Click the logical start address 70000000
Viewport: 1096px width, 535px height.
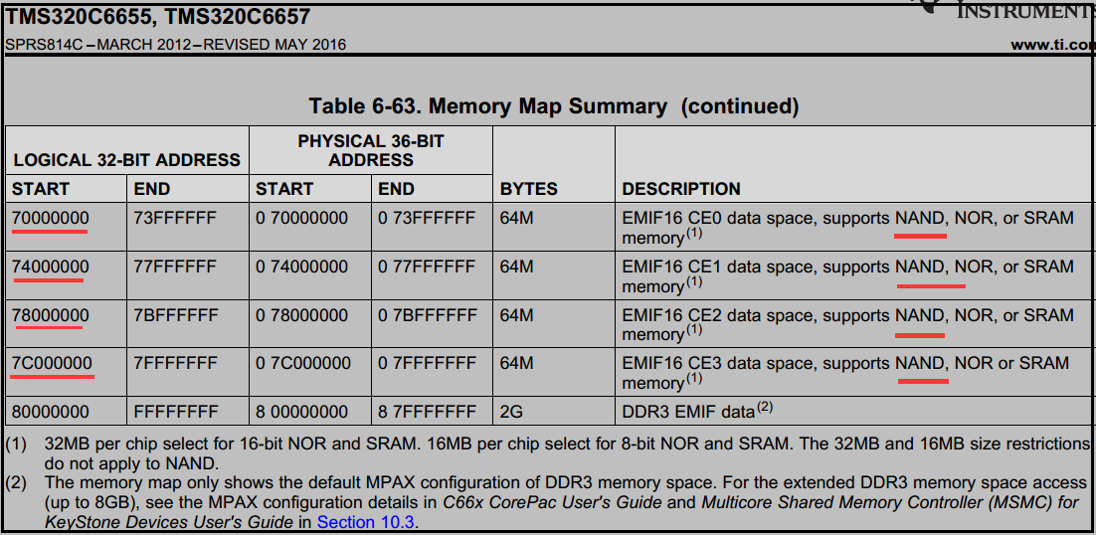pos(50,218)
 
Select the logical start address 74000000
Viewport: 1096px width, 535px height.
pos(50,267)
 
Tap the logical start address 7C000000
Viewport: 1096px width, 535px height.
pos(52,363)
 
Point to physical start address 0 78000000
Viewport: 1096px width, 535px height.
pos(301,315)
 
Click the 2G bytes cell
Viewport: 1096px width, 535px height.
pos(513,412)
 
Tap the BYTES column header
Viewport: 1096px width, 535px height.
pos(528,189)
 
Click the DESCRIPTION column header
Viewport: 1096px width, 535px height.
pos(681,189)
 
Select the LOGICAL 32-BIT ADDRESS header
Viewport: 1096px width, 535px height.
pos(126,160)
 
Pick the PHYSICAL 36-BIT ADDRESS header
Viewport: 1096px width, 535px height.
pos(371,151)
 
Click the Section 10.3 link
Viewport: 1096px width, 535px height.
pos(366,521)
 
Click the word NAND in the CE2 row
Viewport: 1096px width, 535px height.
pos(919,315)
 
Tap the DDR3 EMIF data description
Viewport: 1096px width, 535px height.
pos(688,412)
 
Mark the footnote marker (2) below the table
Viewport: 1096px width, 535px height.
pos(18,482)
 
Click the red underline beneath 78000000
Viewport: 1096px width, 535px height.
pos(49,330)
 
